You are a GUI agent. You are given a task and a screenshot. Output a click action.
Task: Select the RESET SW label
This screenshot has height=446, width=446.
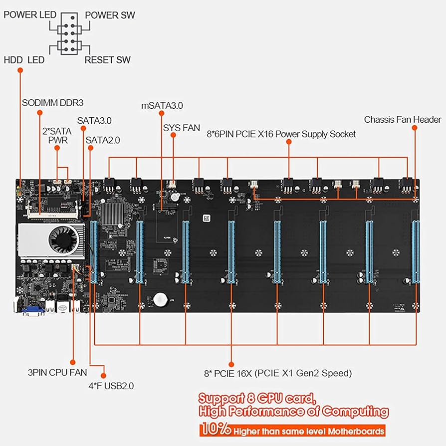(107, 60)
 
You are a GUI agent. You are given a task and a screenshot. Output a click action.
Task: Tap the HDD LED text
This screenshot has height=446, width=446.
(24, 60)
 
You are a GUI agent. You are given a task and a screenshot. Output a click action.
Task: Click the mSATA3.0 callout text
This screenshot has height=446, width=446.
(162, 105)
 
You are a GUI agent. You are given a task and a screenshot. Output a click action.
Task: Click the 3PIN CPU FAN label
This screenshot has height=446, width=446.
(57, 372)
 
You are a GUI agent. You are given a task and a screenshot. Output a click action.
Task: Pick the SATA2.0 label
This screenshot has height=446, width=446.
(103, 140)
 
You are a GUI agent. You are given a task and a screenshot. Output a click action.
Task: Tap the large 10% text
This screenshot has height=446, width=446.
(216, 430)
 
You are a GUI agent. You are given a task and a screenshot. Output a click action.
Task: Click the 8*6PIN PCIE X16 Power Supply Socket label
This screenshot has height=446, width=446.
(281, 134)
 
